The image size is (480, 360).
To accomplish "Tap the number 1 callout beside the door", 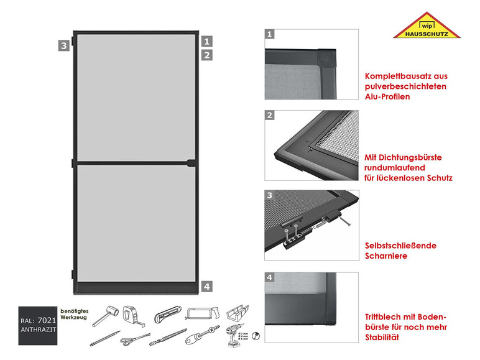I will tap(208, 41).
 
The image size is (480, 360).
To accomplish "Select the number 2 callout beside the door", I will tap(208, 55).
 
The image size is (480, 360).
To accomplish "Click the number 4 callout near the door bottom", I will tap(208, 287).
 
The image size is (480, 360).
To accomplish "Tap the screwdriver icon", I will tap(205, 339).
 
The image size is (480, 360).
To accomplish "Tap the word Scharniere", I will tap(386, 256).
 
